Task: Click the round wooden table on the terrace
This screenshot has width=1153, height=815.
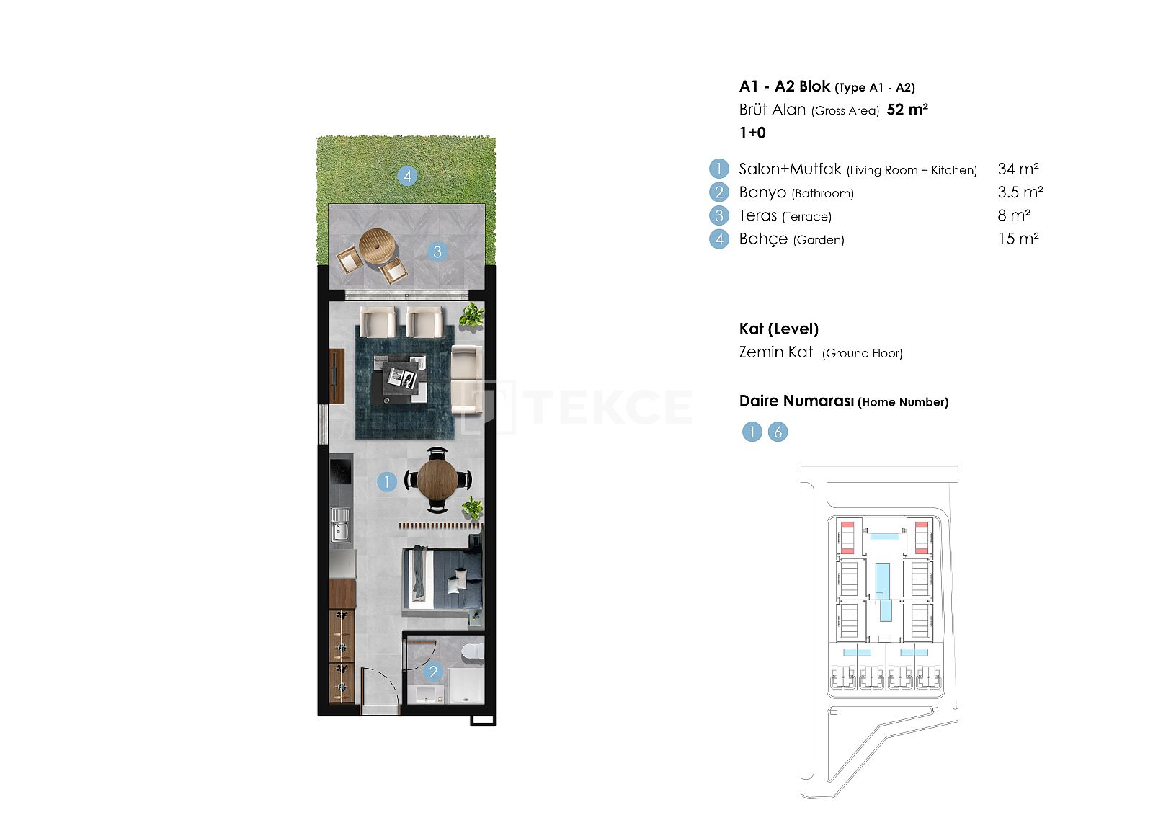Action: point(378,246)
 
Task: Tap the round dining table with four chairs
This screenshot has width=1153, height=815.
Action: point(437,481)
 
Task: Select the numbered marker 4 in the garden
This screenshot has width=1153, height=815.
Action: point(407,177)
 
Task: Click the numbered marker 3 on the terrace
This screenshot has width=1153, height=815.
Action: point(437,251)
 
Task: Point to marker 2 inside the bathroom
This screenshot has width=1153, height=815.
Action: point(433,672)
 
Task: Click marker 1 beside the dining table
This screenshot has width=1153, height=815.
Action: point(386,482)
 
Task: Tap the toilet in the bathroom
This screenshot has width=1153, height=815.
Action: point(473,651)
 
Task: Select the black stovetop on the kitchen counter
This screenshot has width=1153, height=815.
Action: point(340,470)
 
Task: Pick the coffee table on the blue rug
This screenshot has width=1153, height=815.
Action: point(399,380)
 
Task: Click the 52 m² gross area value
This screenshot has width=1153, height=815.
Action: point(907,110)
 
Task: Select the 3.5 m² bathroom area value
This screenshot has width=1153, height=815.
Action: point(1020,192)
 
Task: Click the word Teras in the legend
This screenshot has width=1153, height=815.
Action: point(757,215)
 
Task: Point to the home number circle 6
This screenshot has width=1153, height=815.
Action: point(778,432)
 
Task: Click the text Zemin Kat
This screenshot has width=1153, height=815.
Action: point(775,352)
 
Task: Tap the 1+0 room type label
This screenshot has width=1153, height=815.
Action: point(752,133)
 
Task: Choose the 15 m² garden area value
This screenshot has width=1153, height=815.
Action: point(1018,239)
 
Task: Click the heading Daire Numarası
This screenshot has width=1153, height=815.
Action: point(796,401)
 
